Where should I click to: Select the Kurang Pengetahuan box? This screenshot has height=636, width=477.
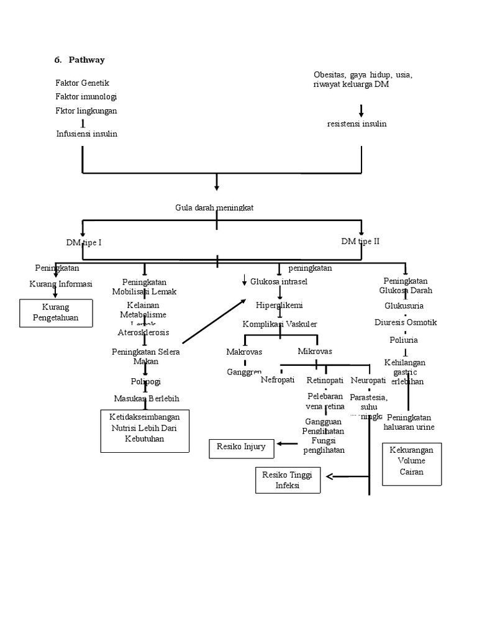[x=57, y=313]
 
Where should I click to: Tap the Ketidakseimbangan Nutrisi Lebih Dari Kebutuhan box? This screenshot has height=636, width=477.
[x=145, y=430]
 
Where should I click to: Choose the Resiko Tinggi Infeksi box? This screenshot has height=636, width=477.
[x=288, y=480]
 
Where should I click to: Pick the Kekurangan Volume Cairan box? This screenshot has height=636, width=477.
[x=411, y=463]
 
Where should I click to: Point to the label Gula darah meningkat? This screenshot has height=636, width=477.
[x=214, y=208]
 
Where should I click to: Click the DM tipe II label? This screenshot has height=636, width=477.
[x=360, y=241]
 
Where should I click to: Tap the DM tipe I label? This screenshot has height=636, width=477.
[x=84, y=242]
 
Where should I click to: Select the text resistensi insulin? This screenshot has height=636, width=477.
[x=357, y=124]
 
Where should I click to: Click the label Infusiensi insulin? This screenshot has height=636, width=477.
[x=86, y=134]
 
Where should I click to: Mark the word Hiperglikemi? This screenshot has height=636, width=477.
[x=279, y=305]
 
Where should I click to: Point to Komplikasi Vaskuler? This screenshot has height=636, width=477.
[x=279, y=324]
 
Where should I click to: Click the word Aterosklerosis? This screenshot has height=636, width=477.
[x=143, y=332]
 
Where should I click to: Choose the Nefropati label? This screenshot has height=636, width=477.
[x=278, y=379]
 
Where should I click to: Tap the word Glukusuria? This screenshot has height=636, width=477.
[x=404, y=306]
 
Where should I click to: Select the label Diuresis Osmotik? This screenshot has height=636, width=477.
[x=406, y=322]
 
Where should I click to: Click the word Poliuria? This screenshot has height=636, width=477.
[x=404, y=340]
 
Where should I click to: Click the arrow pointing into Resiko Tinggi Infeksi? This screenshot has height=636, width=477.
[x=336, y=476]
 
